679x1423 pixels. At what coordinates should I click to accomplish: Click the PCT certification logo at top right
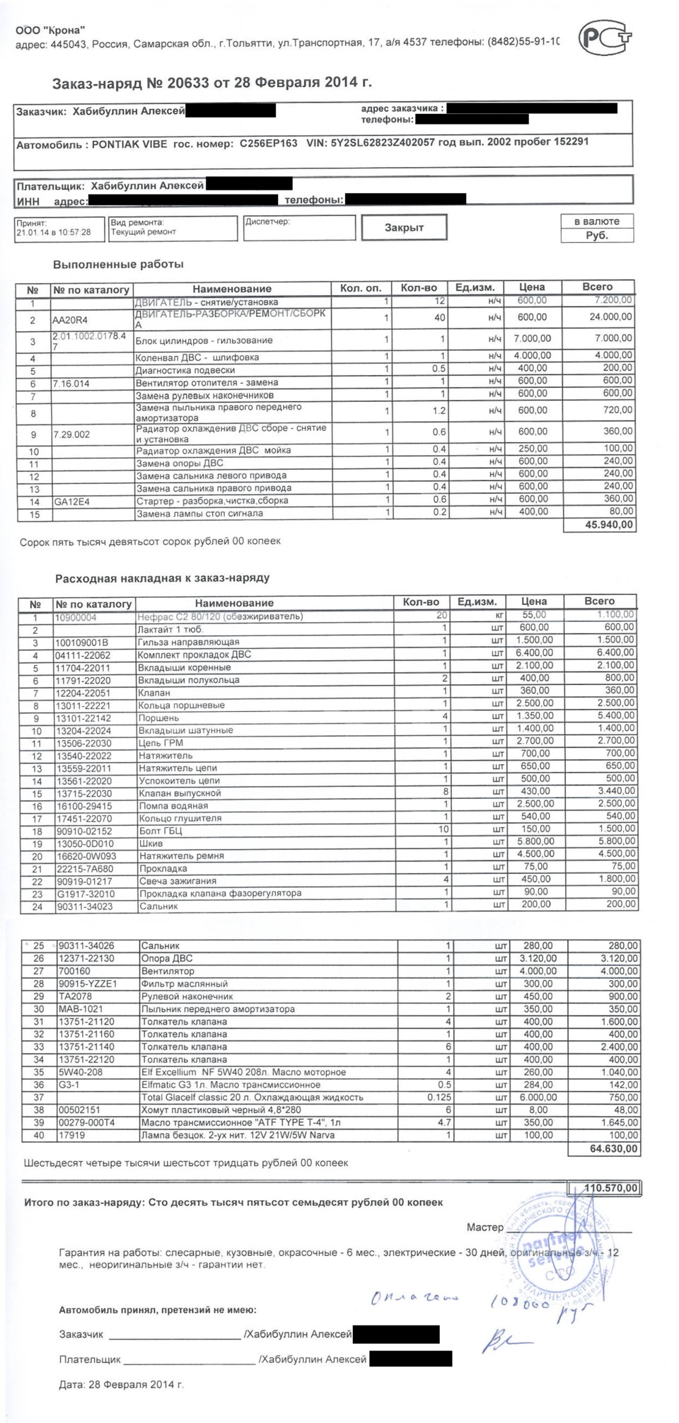pyautogui.click(x=604, y=37)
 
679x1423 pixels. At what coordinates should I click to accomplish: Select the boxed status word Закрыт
pyautogui.click(x=404, y=227)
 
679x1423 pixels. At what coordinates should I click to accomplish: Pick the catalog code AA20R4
pyautogui.click(x=71, y=320)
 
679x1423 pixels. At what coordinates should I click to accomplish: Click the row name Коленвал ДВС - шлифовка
pyautogui.click(x=197, y=357)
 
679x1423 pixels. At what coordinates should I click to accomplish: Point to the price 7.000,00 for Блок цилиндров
pyautogui.click(x=532, y=338)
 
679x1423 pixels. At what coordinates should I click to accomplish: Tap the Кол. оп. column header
pyautogui.click(x=361, y=288)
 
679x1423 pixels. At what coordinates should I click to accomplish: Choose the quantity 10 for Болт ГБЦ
pyautogui.click(x=443, y=829)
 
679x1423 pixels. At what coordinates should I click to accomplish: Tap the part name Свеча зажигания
pyautogui.click(x=178, y=881)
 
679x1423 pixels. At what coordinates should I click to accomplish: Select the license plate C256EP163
pyautogui.click(x=268, y=144)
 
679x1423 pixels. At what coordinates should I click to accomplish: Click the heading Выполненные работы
pyautogui.click(x=118, y=264)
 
